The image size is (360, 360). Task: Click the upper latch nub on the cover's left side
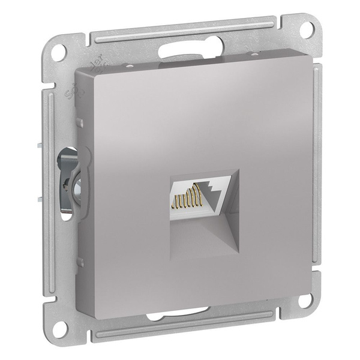[80, 123]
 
